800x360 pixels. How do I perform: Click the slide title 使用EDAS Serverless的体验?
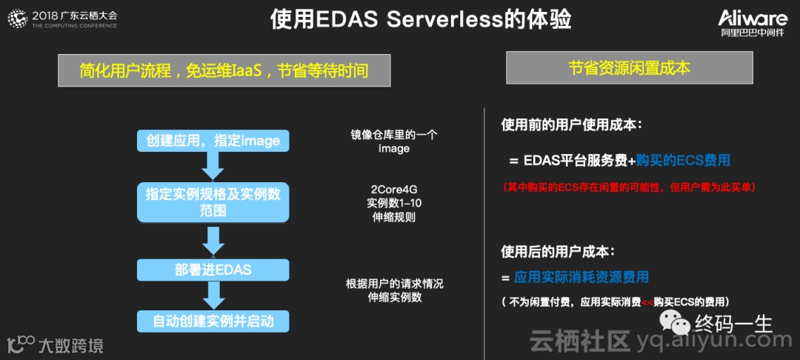[x=420, y=20]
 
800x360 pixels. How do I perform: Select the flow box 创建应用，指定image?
[x=213, y=141]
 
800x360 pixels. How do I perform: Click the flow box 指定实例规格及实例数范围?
[x=213, y=201]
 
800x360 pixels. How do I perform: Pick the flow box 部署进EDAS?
[x=213, y=270]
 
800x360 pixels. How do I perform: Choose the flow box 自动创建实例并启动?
[x=213, y=321]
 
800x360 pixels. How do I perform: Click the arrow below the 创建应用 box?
[x=213, y=167]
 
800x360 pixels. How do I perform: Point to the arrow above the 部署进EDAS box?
[x=213, y=239]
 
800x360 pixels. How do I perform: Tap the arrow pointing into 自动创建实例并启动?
[x=213, y=296]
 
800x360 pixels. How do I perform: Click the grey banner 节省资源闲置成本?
[x=629, y=68]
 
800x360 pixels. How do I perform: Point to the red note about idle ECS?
[x=629, y=187]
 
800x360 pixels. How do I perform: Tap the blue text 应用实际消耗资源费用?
[x=581, y=278]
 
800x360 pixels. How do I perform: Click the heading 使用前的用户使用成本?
[x=571, y=125]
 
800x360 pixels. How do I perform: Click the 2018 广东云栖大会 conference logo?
[x=63, y=19]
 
